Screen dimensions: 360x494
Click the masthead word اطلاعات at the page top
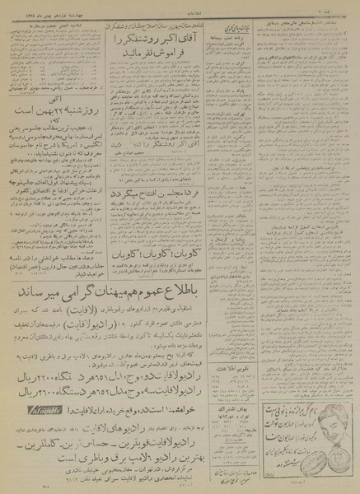coord(180,5)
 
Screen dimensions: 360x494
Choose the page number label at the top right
coord(347,5)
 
